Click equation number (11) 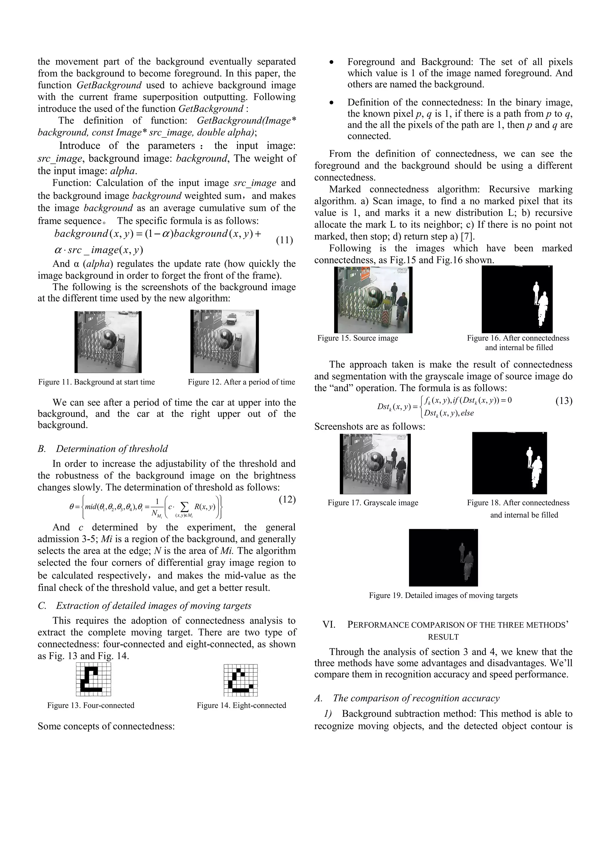(x=284, y=240)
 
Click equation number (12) (x=287, y=500)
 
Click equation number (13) (x=564, y=401)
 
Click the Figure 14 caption (x=241, y=705)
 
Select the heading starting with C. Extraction (x=145, y=605)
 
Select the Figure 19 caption (x=443, y=595)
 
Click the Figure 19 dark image (x=443, y=557)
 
